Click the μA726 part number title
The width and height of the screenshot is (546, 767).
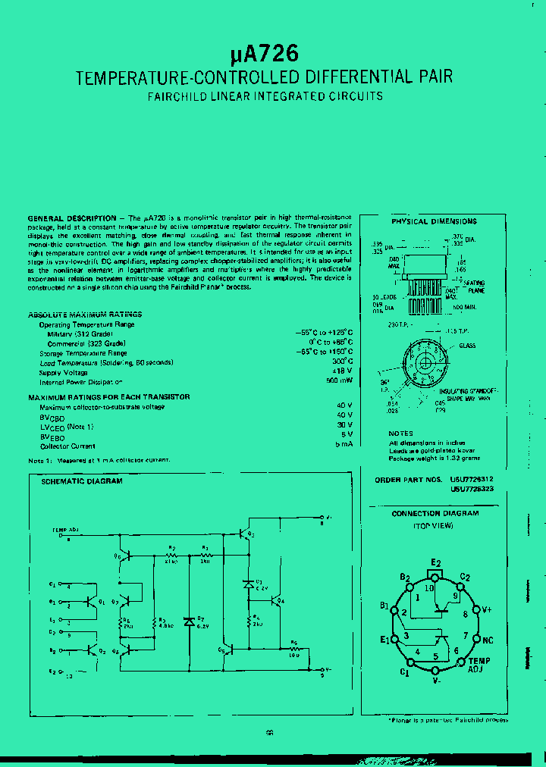click(x=265, y=54)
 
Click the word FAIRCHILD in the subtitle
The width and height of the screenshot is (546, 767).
click(x=175, y=96)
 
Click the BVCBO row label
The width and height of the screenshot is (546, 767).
click(x=52, y=416)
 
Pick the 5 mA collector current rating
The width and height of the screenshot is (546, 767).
click(x=343, y=444)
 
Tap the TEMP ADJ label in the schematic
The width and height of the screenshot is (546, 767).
click(x=65, y=531)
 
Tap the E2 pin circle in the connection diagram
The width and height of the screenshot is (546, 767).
click(x=435, y=574)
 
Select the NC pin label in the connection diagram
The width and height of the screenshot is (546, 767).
click(x=488, y=640)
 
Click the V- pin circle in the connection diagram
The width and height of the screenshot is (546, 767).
click(x=435, y=672)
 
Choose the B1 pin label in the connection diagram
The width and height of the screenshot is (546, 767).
click(x=384, y=606)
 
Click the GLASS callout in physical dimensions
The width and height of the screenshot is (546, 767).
click(x=468, y=346)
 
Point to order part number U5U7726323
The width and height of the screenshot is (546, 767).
click(x=472, y=490)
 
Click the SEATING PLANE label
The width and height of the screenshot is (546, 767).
click(x=477, y=287)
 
